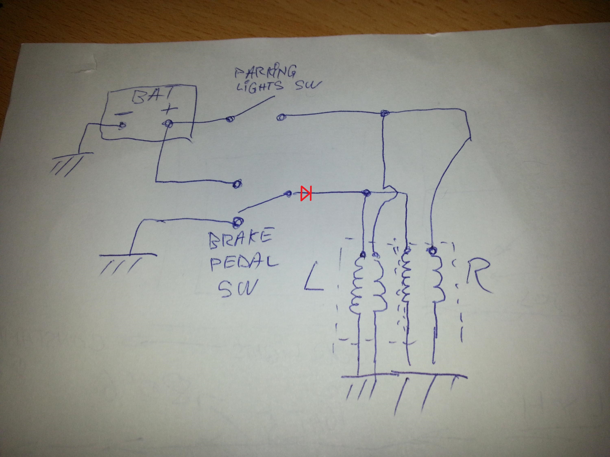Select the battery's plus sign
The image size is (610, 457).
[169, 110]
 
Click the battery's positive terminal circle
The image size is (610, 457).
[168, 124]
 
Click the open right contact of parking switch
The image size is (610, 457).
[281, 117]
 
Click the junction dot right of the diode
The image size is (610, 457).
[366, 193]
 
